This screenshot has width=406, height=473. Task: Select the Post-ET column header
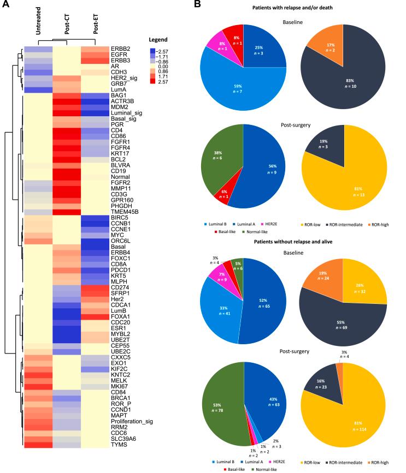95,27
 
